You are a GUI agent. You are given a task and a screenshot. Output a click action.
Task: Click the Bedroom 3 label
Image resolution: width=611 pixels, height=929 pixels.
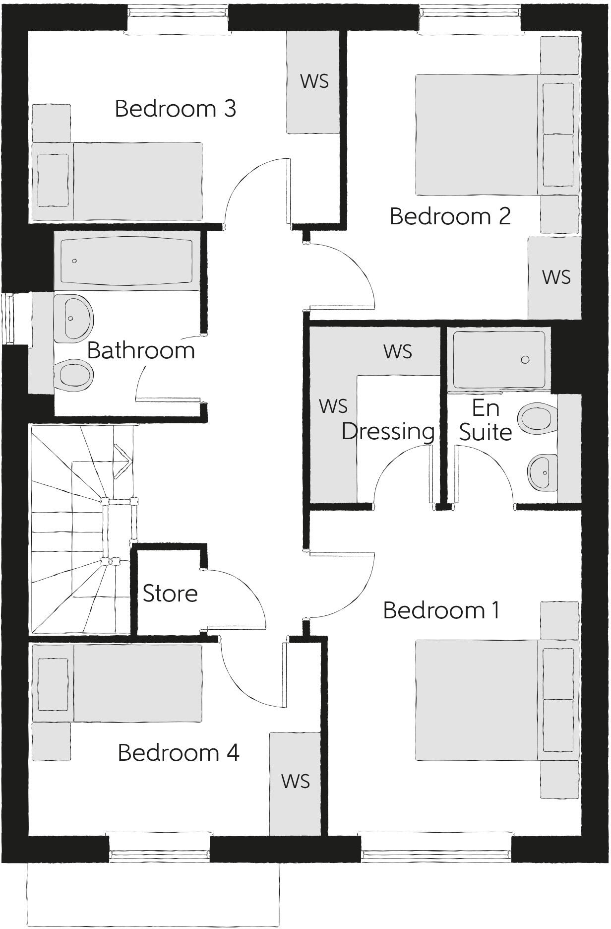(175, 109)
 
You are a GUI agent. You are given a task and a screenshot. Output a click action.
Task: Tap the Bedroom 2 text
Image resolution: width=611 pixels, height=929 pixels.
(450, 216)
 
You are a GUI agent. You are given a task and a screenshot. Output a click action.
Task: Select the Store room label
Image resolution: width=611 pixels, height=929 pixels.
(170, 594)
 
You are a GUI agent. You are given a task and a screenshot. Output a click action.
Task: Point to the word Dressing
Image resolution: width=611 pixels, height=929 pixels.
(388, 431)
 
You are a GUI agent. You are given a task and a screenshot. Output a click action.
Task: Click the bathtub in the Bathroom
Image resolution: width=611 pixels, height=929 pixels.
(126, 261)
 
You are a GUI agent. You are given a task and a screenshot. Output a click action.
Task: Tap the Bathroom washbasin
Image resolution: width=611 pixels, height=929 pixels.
(73, 318)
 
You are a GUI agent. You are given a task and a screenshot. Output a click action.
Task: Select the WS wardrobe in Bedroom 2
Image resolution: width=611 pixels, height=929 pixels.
(555, 278)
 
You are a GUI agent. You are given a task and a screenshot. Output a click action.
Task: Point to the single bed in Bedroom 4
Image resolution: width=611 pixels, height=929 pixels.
(118, 683)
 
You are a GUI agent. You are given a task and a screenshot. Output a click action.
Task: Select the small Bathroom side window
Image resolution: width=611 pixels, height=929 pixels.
(8, 318)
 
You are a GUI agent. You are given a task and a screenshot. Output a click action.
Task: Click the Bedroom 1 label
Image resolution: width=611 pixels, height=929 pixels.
(441, 610)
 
